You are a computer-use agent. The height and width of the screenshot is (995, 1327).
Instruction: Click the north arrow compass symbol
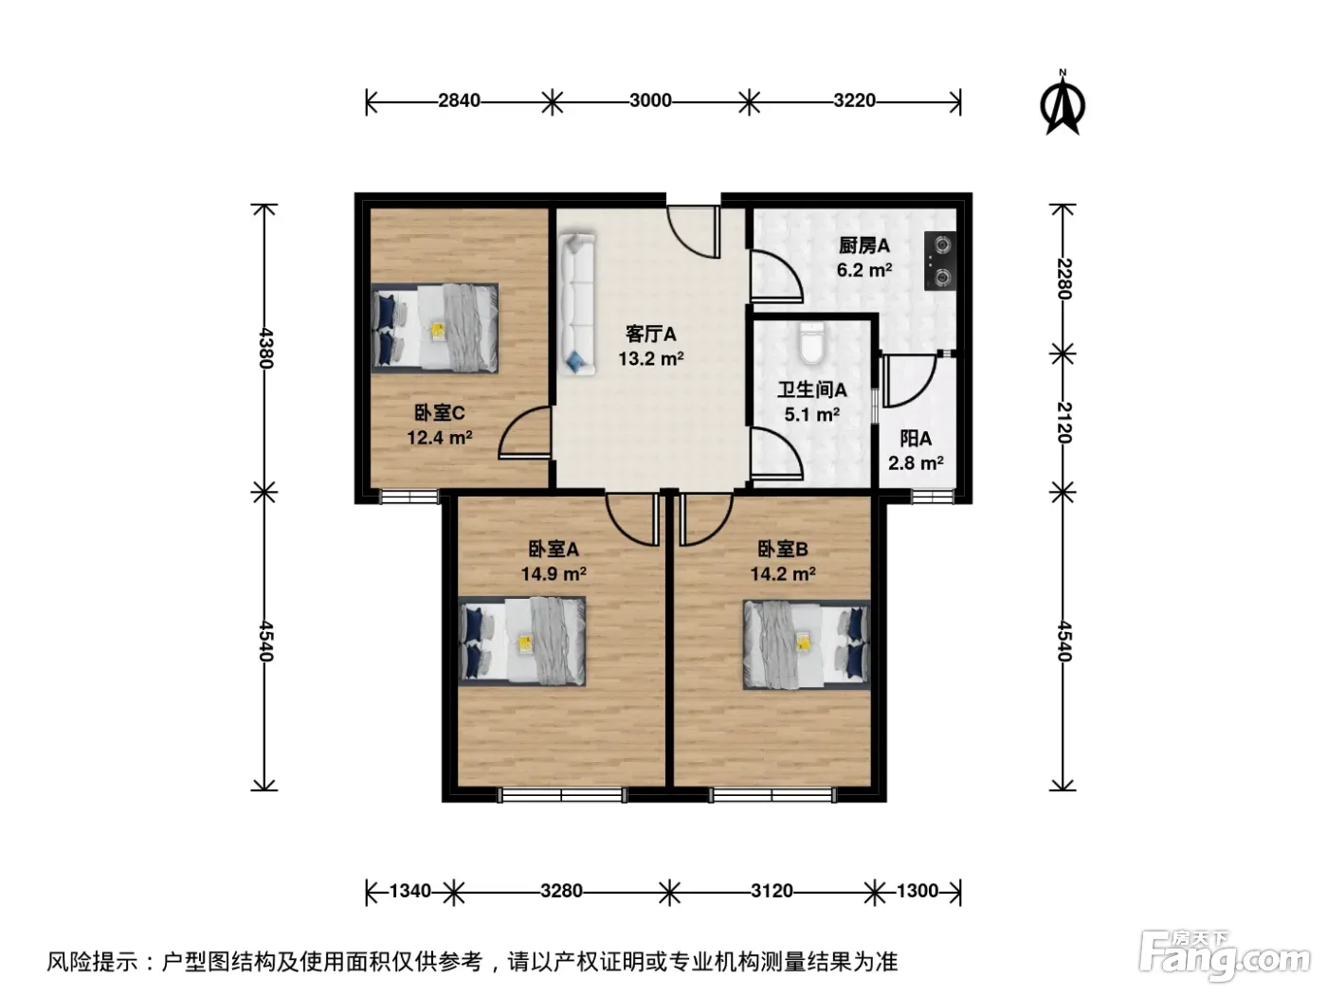point(1063,102)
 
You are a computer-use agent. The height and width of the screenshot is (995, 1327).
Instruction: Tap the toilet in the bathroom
point(811,343)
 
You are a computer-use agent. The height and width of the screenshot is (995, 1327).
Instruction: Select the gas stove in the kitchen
point(940,261)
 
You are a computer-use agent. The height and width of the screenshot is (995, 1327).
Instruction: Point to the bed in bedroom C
point(435,328)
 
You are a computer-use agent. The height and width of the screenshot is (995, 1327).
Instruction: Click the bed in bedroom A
point(521,641)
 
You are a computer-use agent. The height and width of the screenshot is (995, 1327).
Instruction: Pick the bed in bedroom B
point(807,644)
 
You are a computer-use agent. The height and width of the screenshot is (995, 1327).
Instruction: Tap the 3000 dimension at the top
point(650,100)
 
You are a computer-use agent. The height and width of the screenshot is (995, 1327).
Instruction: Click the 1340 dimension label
point(409,891)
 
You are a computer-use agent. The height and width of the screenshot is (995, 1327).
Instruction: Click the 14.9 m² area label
point(554,573)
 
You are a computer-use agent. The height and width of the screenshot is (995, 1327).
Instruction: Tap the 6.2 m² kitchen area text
point(864,269)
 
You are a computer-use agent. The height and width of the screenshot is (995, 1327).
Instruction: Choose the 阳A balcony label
point(916,438)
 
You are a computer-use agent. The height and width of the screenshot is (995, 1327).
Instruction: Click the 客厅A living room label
point(650,334)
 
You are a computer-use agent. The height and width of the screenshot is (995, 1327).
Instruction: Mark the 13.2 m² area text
point(650,359)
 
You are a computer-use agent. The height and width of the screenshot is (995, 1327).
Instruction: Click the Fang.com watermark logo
point(1225,956)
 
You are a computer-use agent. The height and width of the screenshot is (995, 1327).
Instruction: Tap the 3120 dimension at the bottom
point(772,891)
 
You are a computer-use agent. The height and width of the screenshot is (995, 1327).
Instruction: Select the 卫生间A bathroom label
point(812,389)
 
